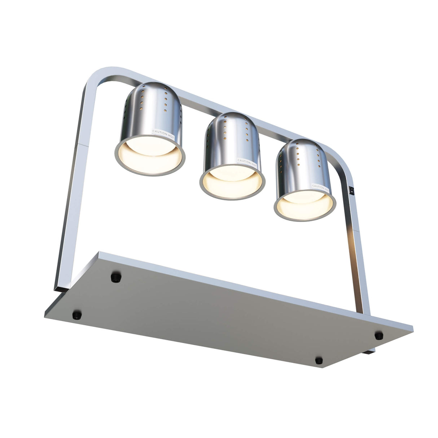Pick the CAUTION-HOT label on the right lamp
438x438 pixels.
click(x=320, y=186)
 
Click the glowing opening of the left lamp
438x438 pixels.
click(x=150, y=157)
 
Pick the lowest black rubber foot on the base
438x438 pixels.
click(x=319, y=360)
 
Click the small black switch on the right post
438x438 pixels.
click(x=351, y=189)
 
